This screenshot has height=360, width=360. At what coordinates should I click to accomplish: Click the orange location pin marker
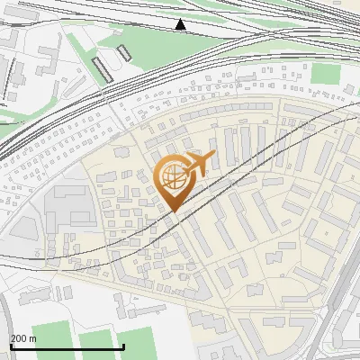coord(173,180)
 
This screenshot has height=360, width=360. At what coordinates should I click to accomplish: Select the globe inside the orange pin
coord(172,175)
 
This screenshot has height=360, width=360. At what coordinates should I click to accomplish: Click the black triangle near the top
coord(181,25)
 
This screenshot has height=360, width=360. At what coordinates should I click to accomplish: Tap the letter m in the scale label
coord(32,338)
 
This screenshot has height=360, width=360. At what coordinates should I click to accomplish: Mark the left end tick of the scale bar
coord(11,345)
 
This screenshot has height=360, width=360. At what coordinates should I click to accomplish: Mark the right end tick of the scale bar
coord(122,345)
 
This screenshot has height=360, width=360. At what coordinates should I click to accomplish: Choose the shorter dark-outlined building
coord(124,53)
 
